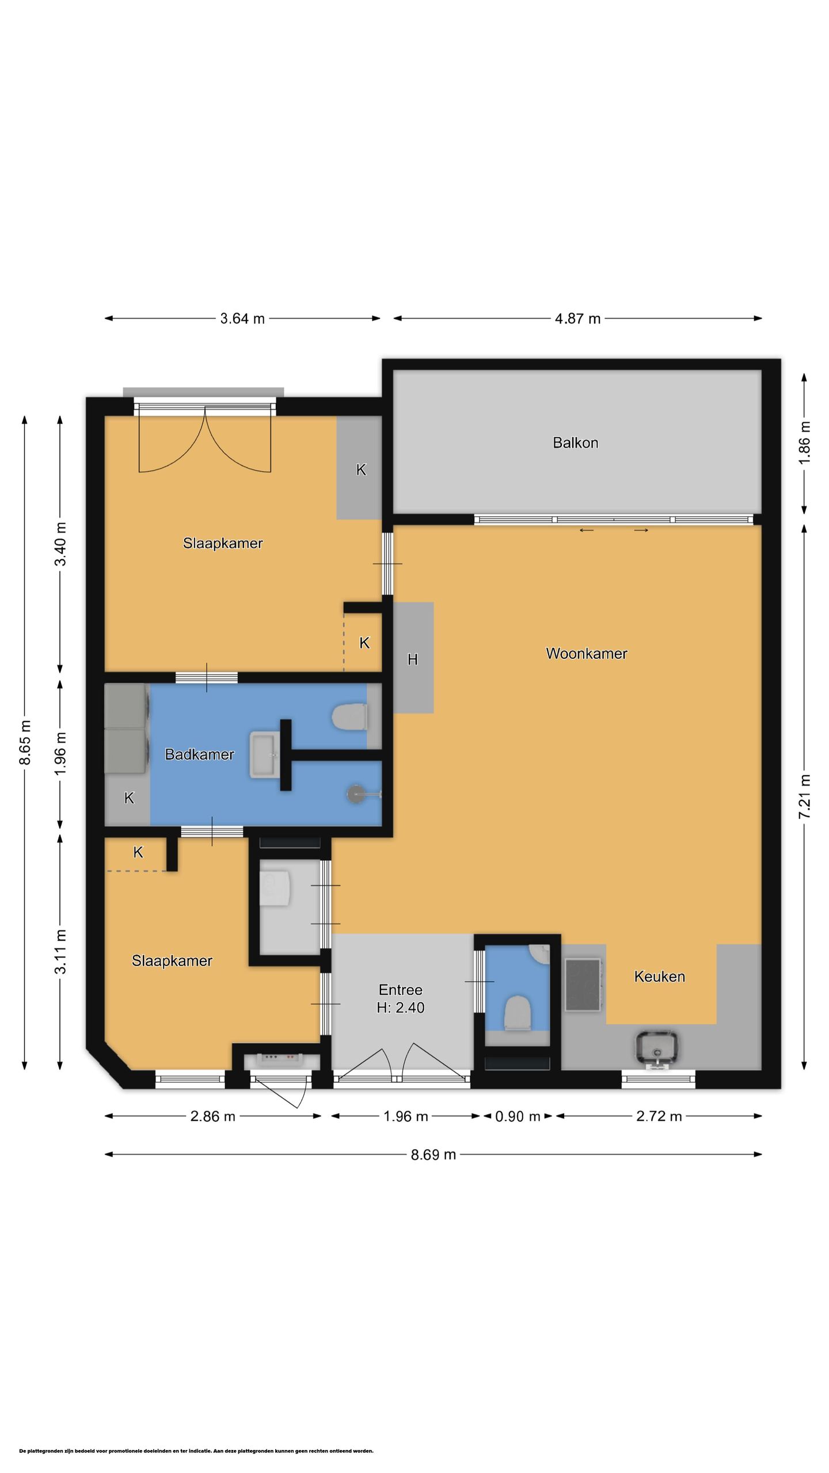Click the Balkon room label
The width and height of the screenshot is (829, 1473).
(x=575, y=442)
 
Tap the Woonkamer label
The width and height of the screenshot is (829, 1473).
(x=586, y=653)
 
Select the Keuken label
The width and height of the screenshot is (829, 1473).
(x=659, y=976)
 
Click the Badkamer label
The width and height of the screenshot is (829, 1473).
(x=199, y=754)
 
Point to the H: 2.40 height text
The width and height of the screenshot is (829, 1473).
(x=401, y=1007)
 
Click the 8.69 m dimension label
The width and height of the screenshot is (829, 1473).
(x=433, y=1154)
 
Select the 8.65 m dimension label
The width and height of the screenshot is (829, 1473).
(x=25, y=742)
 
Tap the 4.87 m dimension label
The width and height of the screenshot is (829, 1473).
(x=577, y=318)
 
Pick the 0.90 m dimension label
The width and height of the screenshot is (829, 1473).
(x=518, y=1116)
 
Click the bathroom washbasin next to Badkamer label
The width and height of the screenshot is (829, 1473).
(x=265, y=755)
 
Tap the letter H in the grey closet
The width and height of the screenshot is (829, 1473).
(x=412, y=659)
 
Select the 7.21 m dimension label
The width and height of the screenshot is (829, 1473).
(x=804, y=796)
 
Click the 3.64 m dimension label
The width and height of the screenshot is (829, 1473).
(x=242, y=318)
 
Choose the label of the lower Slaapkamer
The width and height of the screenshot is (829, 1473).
(x=172, y=960)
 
